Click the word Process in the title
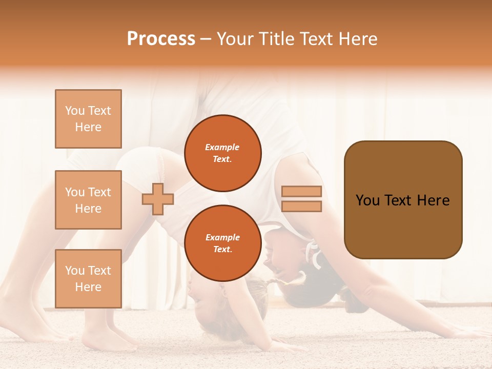pyautogui.click(x=161, y=39)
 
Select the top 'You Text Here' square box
pyautogui.click(x=88, y=119)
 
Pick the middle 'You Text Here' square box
pyautogui.click(x=88, y=200)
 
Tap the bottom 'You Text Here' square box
pyautogui.click(x=88, y=279)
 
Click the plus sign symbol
pyautogui.click(x=158, y=199)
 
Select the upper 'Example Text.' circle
pyautogui.click(x=222, y=153)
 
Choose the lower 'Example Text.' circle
pyautogui.click(x=222, y=243)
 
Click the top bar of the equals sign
pyautogui.click(x=301, y=191)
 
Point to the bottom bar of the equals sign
pyautogui.click(x=301, y=206)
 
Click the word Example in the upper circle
pyautogui.click(x=222, y=148)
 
